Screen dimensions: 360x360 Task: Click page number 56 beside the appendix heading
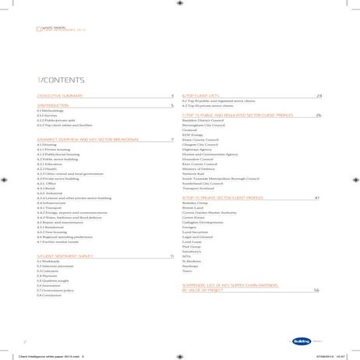coord(316,291)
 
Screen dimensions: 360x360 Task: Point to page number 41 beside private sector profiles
coord(316,198)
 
